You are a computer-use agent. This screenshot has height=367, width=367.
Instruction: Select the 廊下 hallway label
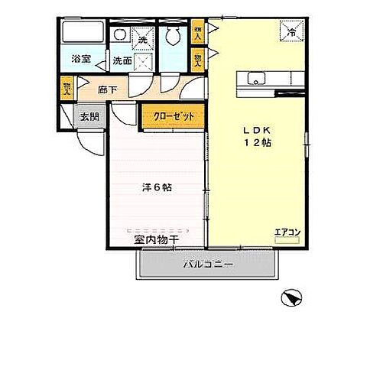(x=107, y=89)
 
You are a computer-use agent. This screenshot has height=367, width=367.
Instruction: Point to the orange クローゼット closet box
(x=172, y=115)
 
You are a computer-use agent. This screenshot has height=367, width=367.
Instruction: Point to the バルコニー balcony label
(x=209, y=265)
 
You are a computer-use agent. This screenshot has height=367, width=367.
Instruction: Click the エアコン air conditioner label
(x=287, y=230)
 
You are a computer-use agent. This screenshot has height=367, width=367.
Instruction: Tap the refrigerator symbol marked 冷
(x=291, y=31)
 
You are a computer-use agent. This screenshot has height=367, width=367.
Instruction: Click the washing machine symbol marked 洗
(x=141, y=36)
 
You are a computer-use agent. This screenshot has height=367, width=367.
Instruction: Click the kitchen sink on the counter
(x=255, y=77)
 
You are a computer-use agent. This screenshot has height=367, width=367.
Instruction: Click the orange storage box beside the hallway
(x=67, y=89)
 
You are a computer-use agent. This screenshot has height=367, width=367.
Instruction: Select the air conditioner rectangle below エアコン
(x=287, y=239)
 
